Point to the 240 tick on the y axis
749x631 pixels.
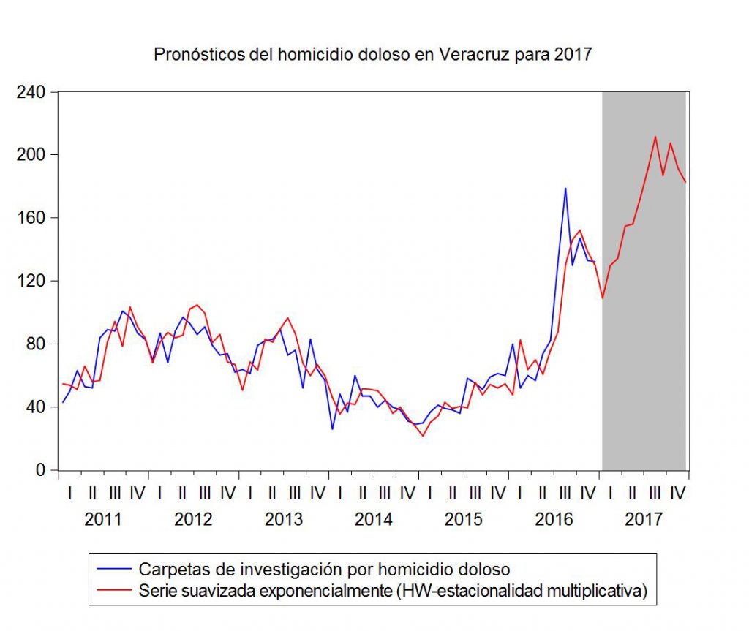tap(32, 92)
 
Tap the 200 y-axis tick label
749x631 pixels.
tap(32, 155)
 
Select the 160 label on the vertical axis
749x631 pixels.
tap(32, 218)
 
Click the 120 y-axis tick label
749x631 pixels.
tap(32, 281)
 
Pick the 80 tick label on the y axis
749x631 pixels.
tap(37, 344)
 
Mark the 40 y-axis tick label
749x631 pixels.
tap(37, 407)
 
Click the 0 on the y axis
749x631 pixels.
tap(42, 469)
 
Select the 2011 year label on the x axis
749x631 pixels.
tap(103, 520)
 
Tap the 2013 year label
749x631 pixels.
tap(284, 520)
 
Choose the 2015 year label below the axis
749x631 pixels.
tap(464, 520)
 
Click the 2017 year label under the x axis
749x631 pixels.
tap(644, 520)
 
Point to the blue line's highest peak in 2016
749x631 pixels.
tap(565, 189)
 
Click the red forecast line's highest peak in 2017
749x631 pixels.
tap(655, 137)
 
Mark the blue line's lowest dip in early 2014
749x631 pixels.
tap(333, 428)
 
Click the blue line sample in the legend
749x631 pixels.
tap(113, 570)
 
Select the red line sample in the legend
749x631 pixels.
tap(113, 589)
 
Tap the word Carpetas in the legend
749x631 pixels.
tap(168, 570)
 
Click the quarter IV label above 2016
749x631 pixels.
tap(587, 494)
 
